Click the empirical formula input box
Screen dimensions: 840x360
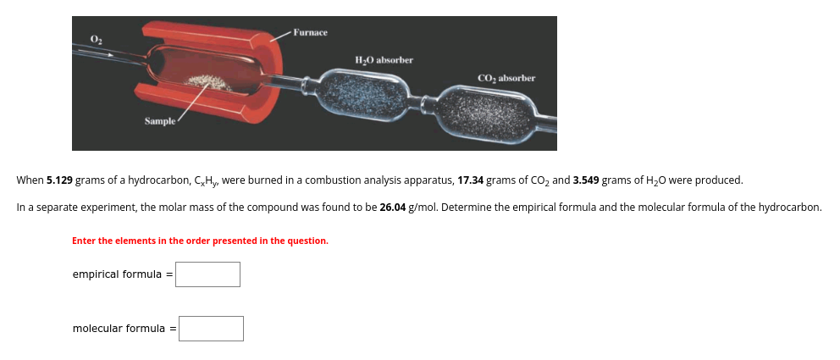pos(207,274)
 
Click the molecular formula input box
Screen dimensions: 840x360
pos(211,329)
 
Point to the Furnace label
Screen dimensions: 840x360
pos(310,33)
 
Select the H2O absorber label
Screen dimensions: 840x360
pos(384,60)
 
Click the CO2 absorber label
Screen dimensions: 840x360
pos(506,78)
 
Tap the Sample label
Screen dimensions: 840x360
pos(160,121)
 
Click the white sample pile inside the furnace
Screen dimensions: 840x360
pos(212,82)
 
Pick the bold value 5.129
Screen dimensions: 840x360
pos(59,180)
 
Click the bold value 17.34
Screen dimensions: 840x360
pos(471,180)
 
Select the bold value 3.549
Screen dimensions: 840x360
pos(587,180)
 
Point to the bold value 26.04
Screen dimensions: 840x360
pos(393,208)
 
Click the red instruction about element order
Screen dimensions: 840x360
pos(201,241)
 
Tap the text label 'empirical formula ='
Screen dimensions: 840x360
pos(123,274)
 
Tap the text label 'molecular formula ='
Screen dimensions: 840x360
pos(124,329)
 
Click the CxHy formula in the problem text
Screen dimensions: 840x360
pos(207,180)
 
